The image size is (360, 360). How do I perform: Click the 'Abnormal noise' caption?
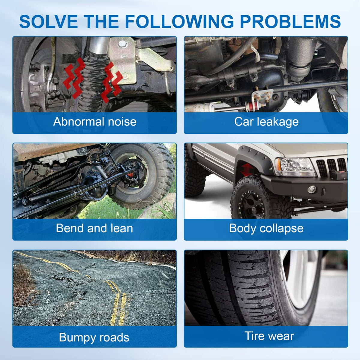point(95,121)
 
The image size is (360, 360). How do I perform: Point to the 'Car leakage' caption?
point(266,122)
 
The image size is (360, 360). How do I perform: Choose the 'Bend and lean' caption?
point(94,228)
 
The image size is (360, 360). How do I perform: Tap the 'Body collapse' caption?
point(266,228)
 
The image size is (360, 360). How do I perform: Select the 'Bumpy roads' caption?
point(94,337)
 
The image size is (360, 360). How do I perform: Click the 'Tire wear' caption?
point(269,336)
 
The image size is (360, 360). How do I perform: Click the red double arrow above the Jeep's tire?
point(247,169)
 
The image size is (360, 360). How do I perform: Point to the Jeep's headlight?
point(295,167)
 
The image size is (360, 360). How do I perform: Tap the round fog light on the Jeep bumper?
point(312,190)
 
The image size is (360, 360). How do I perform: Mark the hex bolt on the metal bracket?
point(123,44)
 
